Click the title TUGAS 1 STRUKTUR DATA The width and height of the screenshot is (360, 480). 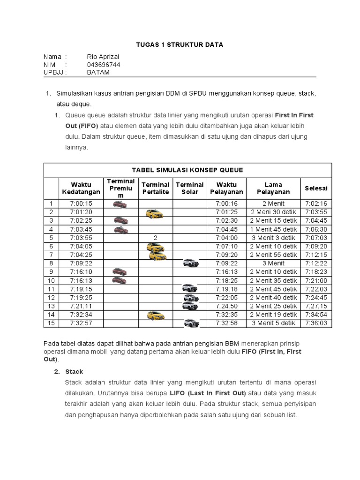pyautogui.click(x=180, y=45)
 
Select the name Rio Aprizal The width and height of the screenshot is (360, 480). pyautogui.click(x=103, y=57)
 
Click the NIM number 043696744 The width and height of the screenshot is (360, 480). pyautogui.click(x=104, y=65)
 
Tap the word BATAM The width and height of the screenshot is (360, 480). pyautogui.click(x=98, y=72)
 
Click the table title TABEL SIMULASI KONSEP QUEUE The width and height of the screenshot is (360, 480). pyautogui.click(x=187, y=170)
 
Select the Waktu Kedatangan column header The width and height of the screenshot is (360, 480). pyautogui.click(x=81, y=188)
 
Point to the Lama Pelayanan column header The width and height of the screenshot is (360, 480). pyautogui.click(x=273, y=188)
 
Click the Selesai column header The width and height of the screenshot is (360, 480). pyautogui.click(x=316, y=188)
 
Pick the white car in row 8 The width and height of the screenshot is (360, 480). pyautogui.click(x=190, y=263)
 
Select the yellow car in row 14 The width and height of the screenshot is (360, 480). pyautogui.click(x=156, y=315)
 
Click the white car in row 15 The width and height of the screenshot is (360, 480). pyautogui.click(x=191, y=323)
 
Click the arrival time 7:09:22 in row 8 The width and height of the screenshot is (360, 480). pyautogui.click(x=81, y=263)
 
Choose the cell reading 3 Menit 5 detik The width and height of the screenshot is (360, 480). pyautogui.click(x=273, y=323)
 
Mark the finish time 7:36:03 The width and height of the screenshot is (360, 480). pyautogui.click(x=316, y=323)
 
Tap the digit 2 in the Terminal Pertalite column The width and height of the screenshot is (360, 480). pyautogui.click(x=155, y=238)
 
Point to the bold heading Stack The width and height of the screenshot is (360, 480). pyautogui.click(x=74, y=372)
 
